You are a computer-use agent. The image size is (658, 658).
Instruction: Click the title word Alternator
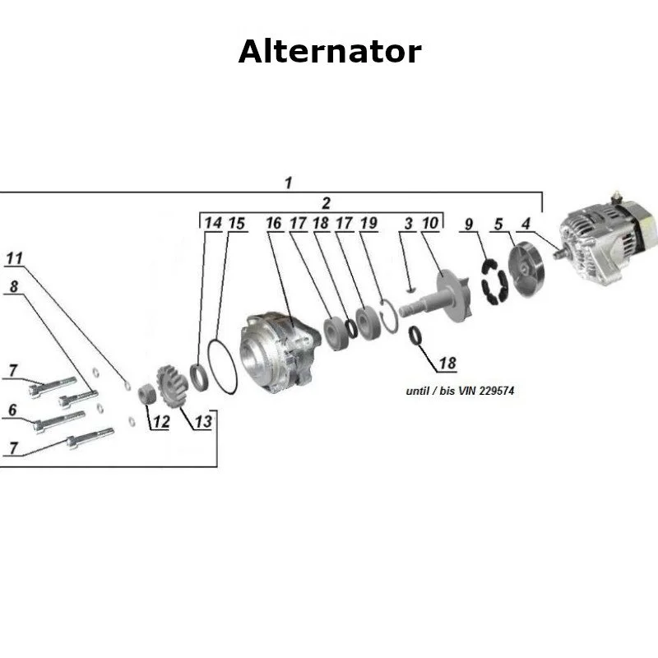pyautogui.click(x=329, y=52)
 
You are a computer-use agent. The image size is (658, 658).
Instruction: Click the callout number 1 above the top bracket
pyautogui.click(x=288, y=183)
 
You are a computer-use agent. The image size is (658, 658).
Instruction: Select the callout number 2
pyautogui.click(x=327, y=202)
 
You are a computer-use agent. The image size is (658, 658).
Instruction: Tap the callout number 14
pyautogui.click(x=213, y=223)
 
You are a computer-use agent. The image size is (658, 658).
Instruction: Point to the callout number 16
pyautogui.click(x=274, y=223)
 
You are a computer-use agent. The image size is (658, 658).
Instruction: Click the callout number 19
pyautogui.click(x=368, y=223)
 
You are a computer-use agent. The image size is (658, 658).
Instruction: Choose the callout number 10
pyautogui.click(x=430, y=223)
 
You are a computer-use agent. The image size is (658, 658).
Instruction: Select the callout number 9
pyautogui.click(x=469, y=223)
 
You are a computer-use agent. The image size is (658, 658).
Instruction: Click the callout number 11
pyautogui.click(x=14, y=258)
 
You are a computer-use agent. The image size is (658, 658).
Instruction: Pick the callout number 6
pyautogui.click(x=12, y=410)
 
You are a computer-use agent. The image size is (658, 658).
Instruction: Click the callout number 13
pyautogui.click(x=202, y=422)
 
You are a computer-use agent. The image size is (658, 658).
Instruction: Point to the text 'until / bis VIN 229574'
pyautogui.click(x=460, y=391)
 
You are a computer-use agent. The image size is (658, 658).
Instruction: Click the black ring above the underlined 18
pyautogui.click(x=417, y=335)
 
